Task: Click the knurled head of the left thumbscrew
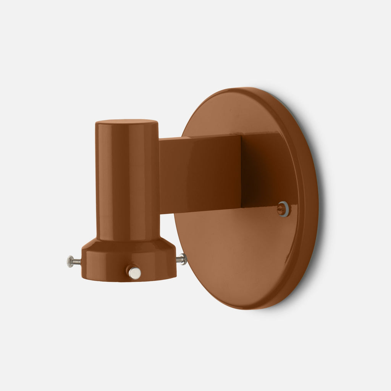tap(69, 261)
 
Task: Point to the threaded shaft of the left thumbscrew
tap(77, 262)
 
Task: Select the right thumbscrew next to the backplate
tap(182, 259)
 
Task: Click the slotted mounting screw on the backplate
tap(283, 208)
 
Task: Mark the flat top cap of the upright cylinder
tap(127, 122)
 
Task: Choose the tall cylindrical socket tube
tap(128, 179)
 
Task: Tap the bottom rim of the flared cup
tap(129, 280)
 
